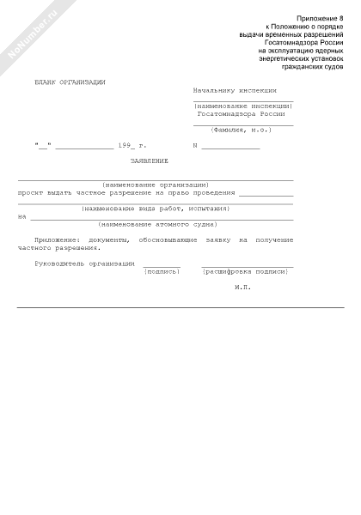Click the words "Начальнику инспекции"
pyautogui.click(x=235, y=89)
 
